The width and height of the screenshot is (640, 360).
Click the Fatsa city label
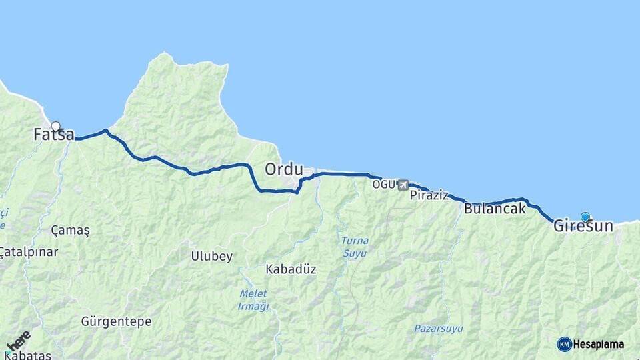tap(54, 135)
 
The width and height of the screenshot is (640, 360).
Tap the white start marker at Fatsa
tap(56, 126)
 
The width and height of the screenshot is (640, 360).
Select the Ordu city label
tap(284, 169)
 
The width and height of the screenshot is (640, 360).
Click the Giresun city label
tap(583, 227)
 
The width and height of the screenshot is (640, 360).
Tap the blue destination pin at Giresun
tap(585, 217)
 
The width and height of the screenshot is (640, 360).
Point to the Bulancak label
tap(494, 209)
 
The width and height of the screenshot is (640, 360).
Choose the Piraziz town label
tap(429, 195)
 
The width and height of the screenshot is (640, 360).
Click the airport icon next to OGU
tap(403, 185)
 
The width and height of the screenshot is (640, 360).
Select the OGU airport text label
tap(383, 184)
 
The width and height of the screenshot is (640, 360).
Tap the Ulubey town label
tap(211, 256)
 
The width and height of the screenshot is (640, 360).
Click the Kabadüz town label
tap(291, 269)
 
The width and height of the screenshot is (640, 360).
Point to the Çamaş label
tap(70, 230)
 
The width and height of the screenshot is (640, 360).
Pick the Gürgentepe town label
tap(116, 321)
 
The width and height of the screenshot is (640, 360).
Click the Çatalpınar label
tap(29, 252)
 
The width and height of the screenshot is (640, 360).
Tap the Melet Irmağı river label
tap(253, 300)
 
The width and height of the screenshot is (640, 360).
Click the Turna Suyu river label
tap(354, 247)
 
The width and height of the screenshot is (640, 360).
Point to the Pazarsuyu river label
tap(438, 329)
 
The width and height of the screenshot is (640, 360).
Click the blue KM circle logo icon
tap(564, 344)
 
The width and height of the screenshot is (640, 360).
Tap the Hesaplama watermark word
tap(598, 345)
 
